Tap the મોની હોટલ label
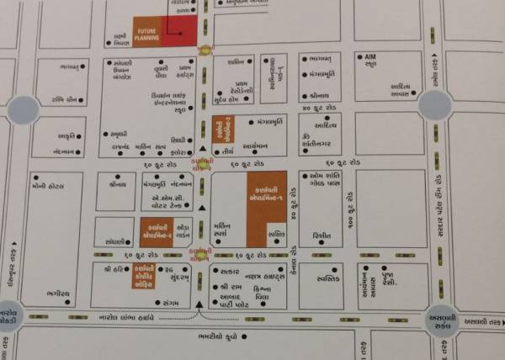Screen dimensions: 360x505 click(x=43, y=186)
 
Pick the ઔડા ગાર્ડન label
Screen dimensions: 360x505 click(x=187, y=230)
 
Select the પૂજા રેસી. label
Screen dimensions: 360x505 click(x=391, y=277)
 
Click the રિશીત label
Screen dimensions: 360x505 click(x=321, y=236)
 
